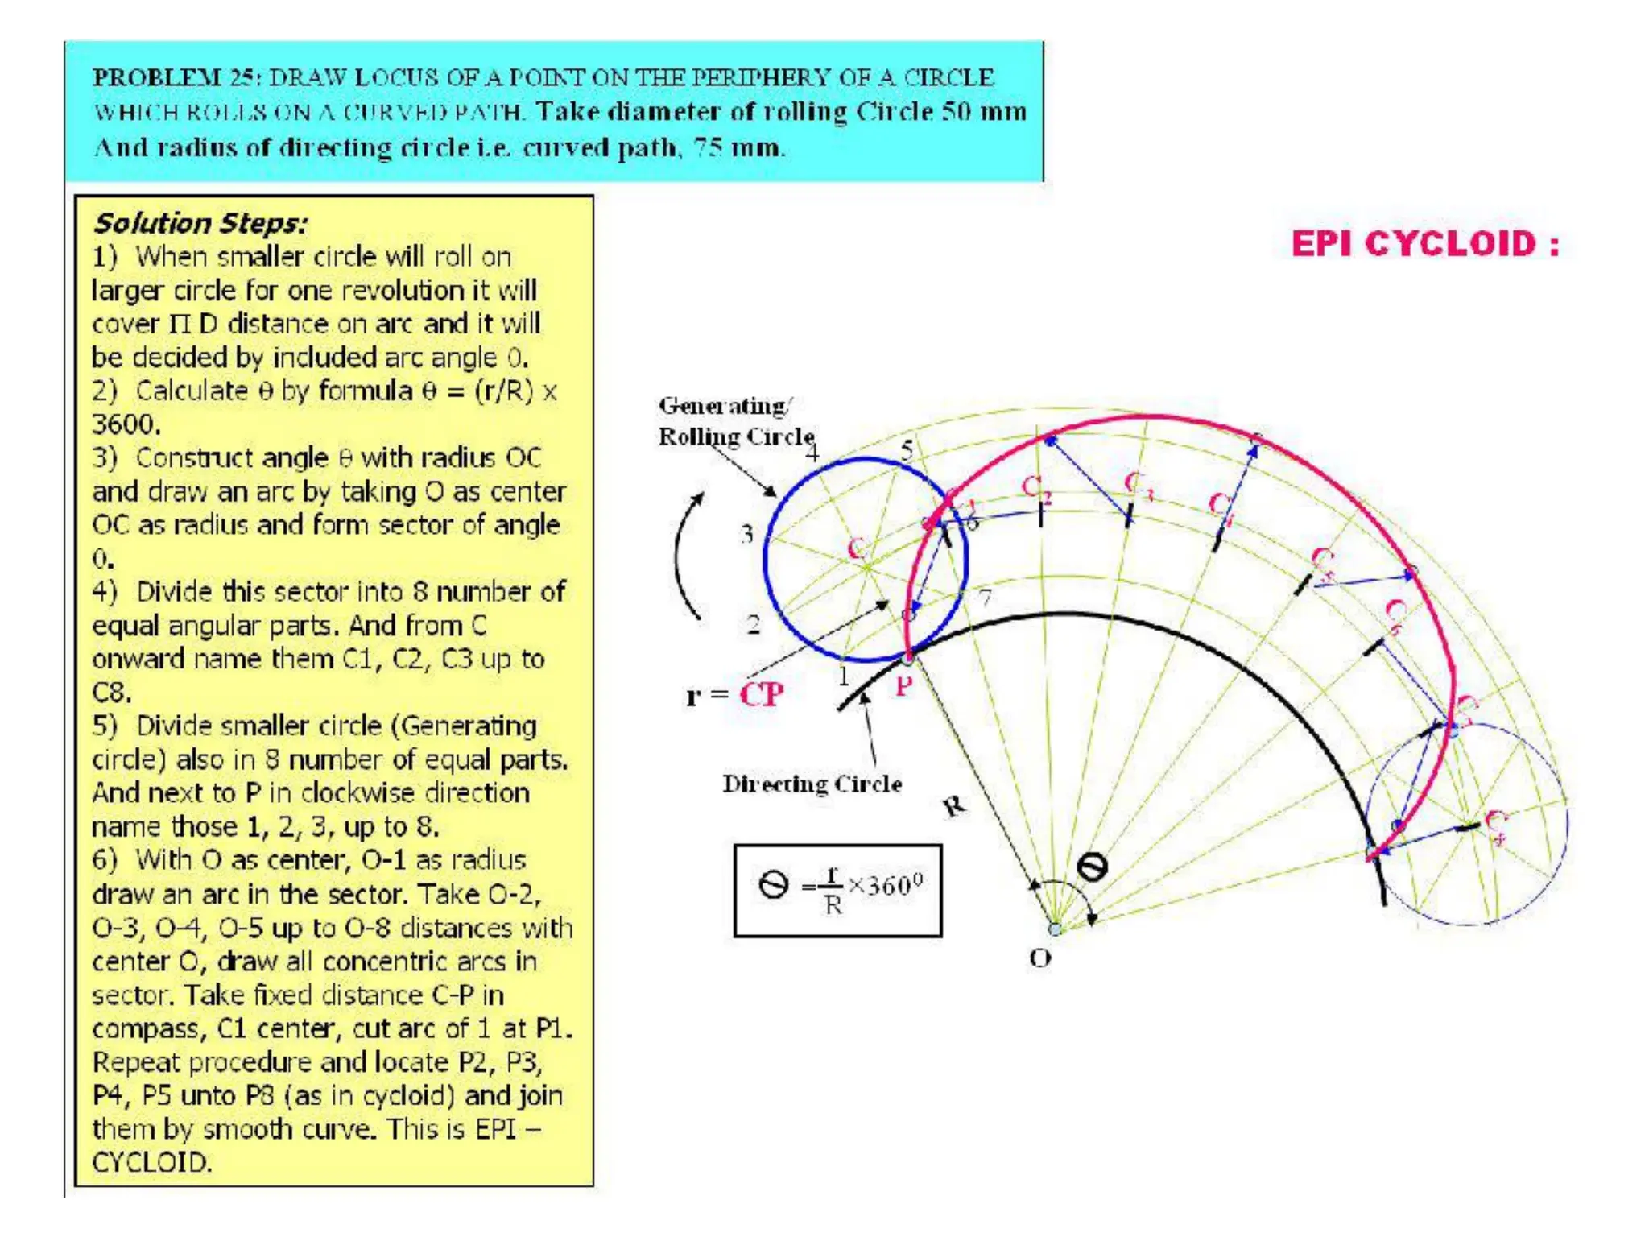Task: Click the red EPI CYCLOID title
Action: [x=1425, y=244]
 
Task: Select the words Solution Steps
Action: [x=200, y=223]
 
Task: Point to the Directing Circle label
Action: [x=812, y=784]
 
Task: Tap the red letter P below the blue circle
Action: [x=904, y=687]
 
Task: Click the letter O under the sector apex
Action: [x=1040, y=958]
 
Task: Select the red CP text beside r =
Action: [x=761, y=694]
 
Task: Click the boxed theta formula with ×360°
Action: [x=837, y=890]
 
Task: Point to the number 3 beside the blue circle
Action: [x=747, y=533]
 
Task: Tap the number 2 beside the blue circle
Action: [x=753, y=624]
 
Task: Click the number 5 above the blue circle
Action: [x=907, y=449]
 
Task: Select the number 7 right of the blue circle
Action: [x=986, y=597]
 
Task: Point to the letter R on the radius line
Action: [x=955, y=805]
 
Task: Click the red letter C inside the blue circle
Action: [x=857, y=549]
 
